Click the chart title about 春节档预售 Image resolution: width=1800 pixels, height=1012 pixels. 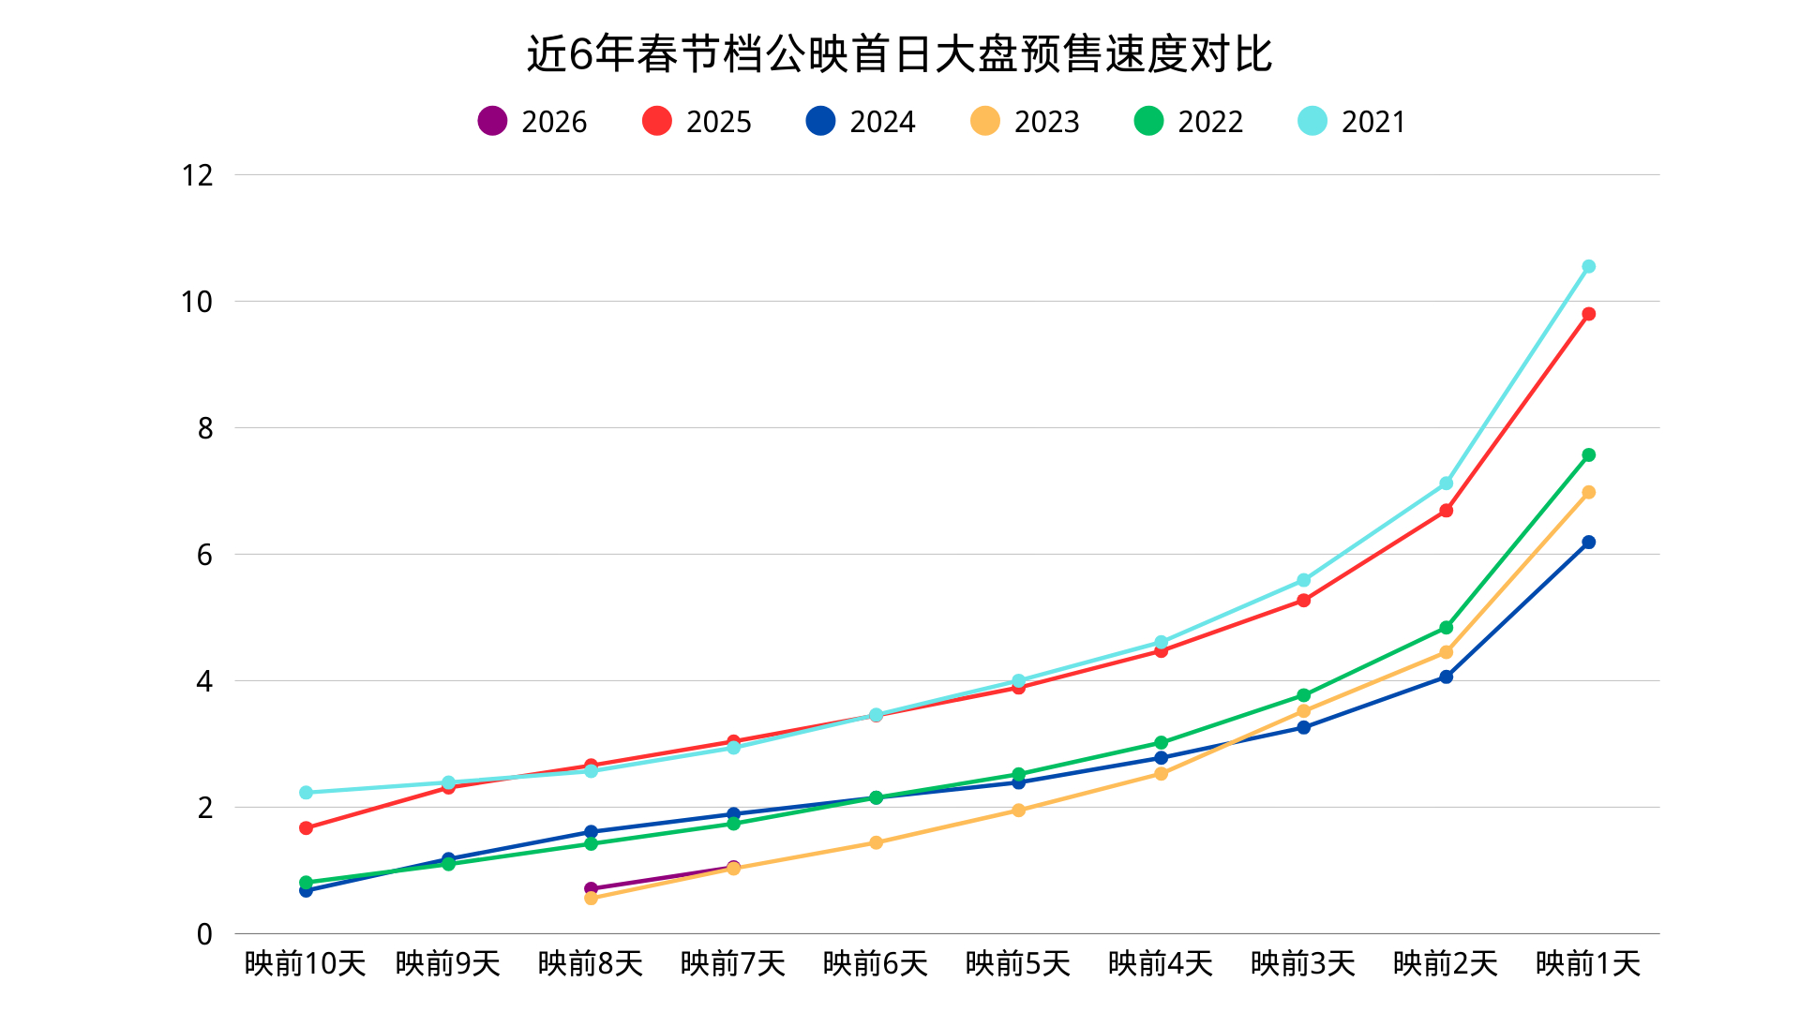(899, 54)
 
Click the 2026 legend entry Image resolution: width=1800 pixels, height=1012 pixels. (532, 122)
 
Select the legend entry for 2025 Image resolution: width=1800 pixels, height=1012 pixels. (697, 122)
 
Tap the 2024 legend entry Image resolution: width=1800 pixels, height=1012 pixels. (861, 122)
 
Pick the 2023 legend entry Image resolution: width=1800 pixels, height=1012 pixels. (1025, 122)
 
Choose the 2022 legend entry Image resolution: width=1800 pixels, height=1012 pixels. (1189, 122)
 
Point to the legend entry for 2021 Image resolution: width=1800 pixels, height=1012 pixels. (1352, 122)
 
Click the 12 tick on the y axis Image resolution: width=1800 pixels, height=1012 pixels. (197, 175)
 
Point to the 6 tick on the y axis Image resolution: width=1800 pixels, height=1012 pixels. (204, 555)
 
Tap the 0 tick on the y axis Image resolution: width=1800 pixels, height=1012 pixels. (204, 934)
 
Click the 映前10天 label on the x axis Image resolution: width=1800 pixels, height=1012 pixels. (306, 963)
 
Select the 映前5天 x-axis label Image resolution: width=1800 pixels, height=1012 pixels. (1018, 963)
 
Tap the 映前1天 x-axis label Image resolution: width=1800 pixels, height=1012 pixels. (1588, 963)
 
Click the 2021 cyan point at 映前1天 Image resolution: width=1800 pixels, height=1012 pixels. (1588, 267)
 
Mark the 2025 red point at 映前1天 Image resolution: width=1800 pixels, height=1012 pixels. (1588, 314)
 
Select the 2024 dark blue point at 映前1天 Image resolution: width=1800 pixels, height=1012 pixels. (1588, 543)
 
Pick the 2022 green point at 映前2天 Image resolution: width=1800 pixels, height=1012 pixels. (1446, 628)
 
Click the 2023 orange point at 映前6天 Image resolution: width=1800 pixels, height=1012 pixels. (876, 842)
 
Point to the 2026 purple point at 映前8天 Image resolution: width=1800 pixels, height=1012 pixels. (591, 888)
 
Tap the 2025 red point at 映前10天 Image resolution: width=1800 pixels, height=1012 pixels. (306, 828)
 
